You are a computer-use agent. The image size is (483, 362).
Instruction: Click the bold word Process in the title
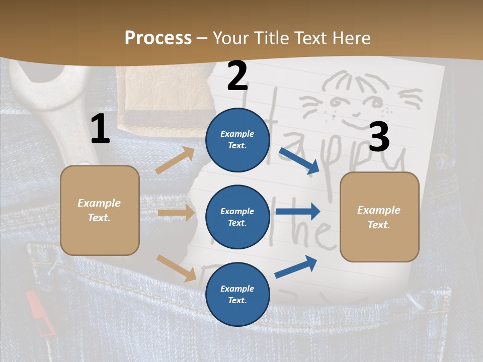click(158, 38)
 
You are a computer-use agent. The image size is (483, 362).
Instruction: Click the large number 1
click(100, 129)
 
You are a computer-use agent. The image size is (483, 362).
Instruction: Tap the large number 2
click(237, 76)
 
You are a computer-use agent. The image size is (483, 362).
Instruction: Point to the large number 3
click(379, 138)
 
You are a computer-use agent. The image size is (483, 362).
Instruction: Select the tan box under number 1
click(100, 210)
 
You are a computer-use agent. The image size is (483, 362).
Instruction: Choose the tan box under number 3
click(379, 217)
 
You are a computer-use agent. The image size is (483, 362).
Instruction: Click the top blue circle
click(237, 139)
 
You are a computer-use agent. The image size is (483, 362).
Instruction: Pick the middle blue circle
click(237, 217)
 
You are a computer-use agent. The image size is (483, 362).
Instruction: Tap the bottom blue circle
click(237, 294)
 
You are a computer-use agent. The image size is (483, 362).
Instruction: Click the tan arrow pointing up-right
click(175, 160)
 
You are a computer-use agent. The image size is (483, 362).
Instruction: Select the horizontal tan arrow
click(176, 213)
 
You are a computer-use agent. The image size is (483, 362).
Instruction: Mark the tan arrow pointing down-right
click(176, 268)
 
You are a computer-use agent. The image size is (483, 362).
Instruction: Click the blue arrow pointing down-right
click(299, 160)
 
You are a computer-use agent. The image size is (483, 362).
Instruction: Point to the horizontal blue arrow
click(297, 212)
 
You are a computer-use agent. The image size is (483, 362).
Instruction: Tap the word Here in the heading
click(350, 38)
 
